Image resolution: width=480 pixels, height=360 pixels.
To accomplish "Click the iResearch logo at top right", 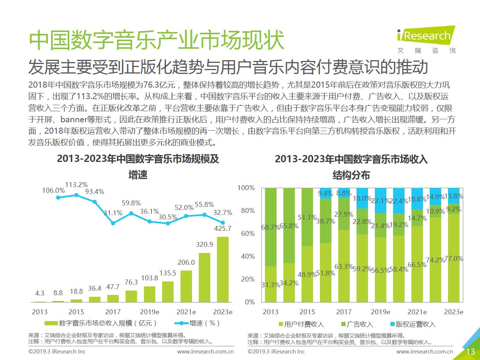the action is pos(426,39).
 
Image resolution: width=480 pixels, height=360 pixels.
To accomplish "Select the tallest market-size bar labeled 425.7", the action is pos(222,269).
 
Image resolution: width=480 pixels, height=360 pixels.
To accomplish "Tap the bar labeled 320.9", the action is pos(205,277).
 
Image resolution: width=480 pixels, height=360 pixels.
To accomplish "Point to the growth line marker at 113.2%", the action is pos(76,195).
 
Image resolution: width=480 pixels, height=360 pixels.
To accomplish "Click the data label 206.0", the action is pos(186,262).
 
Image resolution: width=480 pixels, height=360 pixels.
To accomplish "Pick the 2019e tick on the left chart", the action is pos(150,312).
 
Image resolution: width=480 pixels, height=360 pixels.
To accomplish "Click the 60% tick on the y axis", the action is pos(248,234).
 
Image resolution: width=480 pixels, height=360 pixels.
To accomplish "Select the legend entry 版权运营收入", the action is pos(413,324).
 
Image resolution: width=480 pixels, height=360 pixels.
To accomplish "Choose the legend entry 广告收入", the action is pos(357,324).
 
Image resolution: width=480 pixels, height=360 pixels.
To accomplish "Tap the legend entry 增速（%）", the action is pos(197,323).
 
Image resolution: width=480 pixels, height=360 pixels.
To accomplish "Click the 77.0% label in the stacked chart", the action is pos(454,259).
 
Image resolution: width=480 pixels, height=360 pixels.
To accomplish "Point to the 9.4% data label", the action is pos(325,193).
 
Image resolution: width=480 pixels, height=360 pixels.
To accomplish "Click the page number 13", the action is pos(470,352).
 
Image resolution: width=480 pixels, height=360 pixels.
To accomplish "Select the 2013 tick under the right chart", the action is pos(271,312).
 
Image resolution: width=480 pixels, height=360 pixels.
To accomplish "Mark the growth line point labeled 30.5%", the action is pos(168,223).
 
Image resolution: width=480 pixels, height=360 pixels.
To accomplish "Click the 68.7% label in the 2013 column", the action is pos(271,227).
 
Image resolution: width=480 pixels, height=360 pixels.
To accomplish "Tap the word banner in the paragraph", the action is pos(74,120).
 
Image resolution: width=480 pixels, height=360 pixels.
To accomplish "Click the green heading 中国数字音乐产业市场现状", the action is pos(157,40).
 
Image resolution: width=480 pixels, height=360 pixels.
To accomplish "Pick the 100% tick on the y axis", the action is pos(246,188).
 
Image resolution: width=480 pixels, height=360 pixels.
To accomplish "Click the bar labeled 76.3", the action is pos(131,296).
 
